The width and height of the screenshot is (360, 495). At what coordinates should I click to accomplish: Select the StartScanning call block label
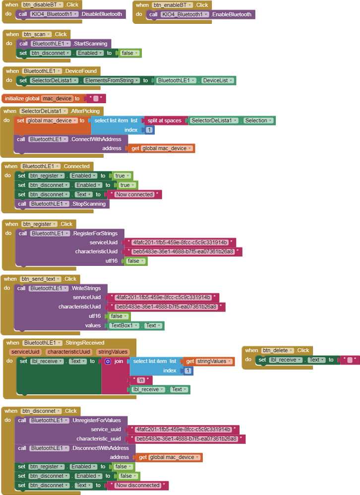point(90,44)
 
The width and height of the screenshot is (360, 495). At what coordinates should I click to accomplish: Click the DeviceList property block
point(217,80)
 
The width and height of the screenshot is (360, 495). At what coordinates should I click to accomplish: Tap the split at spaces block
point(164,121)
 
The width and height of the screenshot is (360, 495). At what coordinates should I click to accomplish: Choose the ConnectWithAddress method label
point(96,139)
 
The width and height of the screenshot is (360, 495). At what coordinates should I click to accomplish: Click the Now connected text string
point(134,194)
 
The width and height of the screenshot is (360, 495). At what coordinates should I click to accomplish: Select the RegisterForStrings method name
point(97,233)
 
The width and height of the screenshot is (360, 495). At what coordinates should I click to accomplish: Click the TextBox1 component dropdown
point(125,325)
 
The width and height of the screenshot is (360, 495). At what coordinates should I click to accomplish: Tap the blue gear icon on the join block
point(108,362)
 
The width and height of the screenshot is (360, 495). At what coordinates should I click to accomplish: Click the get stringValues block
point(208,362)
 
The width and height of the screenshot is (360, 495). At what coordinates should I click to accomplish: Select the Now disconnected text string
point(137,485)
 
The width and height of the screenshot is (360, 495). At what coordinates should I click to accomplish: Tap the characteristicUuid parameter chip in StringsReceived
point(68,352)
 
